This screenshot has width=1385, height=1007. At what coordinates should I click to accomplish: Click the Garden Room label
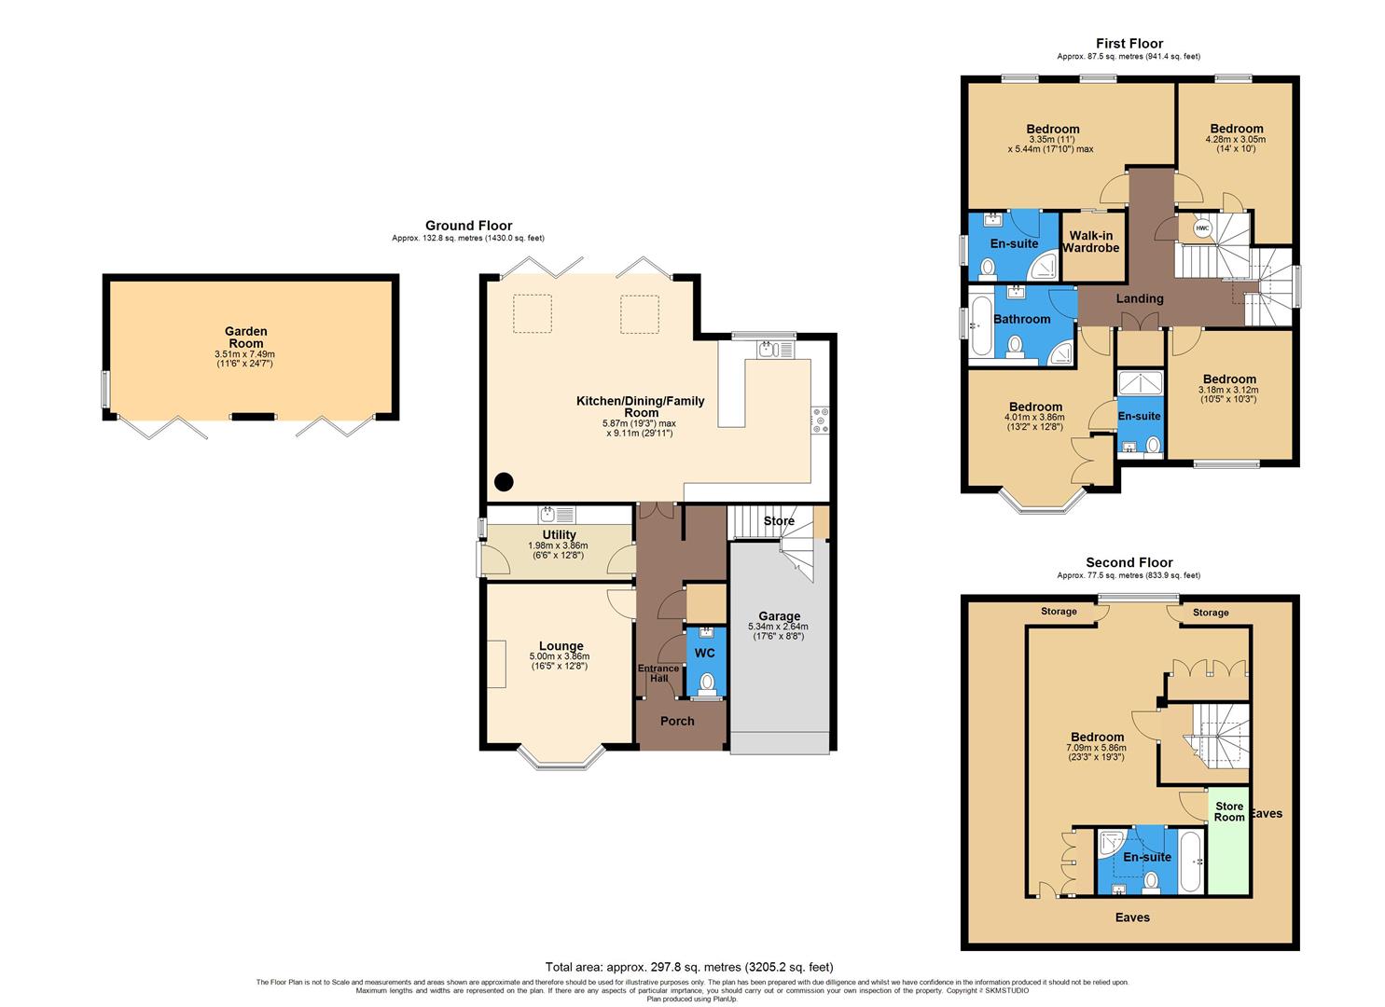(246, 337)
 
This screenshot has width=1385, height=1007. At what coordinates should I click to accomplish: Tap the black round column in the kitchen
(504, 482)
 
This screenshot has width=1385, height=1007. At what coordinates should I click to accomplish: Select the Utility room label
(559, 534)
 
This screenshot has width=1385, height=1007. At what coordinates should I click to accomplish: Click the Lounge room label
(561, 645)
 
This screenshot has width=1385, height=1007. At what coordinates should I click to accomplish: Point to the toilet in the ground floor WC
(707, 683)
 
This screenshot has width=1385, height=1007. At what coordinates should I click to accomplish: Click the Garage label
(779, 615)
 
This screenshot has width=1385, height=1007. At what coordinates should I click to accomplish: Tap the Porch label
(677, 721)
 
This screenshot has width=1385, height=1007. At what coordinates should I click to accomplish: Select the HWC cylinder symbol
(1201, 228)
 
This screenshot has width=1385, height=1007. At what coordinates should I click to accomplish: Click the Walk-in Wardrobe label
(1093, 241)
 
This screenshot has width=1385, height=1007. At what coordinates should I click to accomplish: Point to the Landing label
(1140, 298)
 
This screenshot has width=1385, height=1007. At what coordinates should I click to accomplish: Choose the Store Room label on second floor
(1228, 811)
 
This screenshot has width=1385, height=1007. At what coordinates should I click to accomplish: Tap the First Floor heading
(1129, 43)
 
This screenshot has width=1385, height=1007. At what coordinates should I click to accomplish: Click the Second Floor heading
(1129, 562)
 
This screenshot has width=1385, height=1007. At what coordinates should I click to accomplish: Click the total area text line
(688, 967)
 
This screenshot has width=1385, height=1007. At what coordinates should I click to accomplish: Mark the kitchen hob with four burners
(820, 421)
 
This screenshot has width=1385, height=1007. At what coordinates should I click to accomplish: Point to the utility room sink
(547, 514)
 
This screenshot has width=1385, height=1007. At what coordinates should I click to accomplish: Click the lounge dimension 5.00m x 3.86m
(561, 656)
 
